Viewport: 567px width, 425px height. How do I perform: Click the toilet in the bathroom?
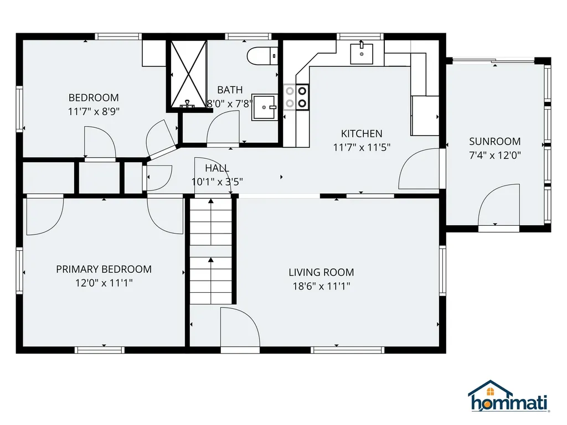pyautogui.click(x=262, y=56)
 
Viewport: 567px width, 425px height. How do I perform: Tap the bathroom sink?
pyautogui.click(x=265, y=107)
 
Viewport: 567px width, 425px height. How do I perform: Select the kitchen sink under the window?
pyautogui.click(x=362, y=54)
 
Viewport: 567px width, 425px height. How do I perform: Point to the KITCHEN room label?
pyautogui.click(x=362, y=134)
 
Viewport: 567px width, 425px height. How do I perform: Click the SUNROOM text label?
pyautogui.click(x=494, y=141)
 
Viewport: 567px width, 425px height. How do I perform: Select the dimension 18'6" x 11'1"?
pyautogui.click(x=321, y=286)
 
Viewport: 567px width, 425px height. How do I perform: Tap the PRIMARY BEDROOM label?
pyautogui.click(x=104, y=269)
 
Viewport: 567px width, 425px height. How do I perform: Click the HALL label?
pyautogui.click(x=217, y=168)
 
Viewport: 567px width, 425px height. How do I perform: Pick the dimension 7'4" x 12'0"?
pyautogui.click(x=494, y=156)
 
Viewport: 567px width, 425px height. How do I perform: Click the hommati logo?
pyautogui.click(x=509, y=396)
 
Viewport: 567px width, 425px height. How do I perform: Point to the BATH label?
pyautogui.click(x=230, y=90)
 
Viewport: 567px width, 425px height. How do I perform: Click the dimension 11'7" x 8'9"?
pyautogui.click(x=94, y=111)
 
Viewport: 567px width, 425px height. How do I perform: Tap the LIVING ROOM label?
pyautogui.click(x=321, y=272)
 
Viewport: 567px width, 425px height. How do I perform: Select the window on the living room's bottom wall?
pyautogui.click(x=348, y=350)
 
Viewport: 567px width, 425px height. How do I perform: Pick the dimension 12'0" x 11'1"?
pyautogui.click(x=104, y=283)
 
